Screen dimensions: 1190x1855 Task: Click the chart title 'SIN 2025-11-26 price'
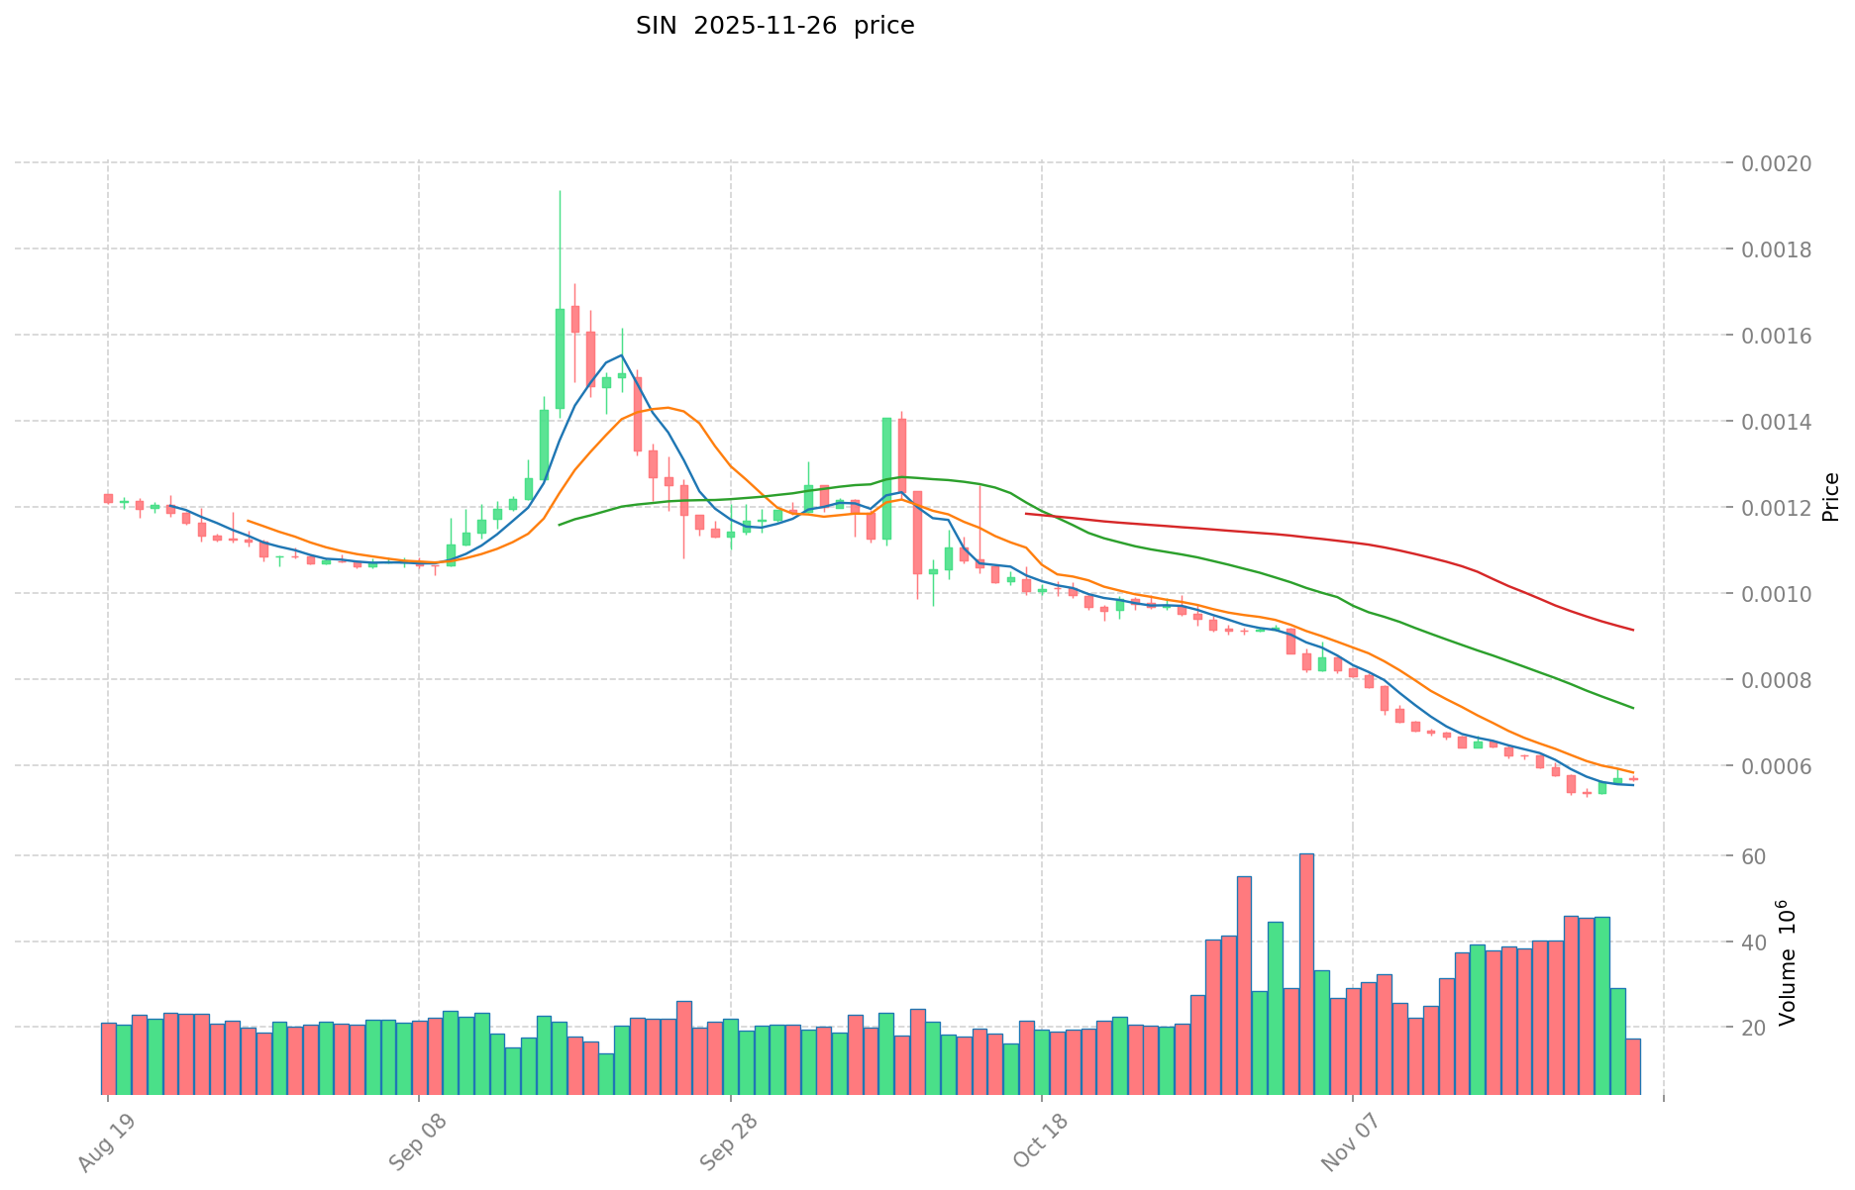point(774,26)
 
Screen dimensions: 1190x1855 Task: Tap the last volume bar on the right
point(1633,1065)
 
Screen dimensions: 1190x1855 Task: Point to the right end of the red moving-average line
point(1632,630)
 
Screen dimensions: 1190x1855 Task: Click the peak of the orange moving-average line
point(669,407)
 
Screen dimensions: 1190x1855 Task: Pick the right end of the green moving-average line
point(1632,708)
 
